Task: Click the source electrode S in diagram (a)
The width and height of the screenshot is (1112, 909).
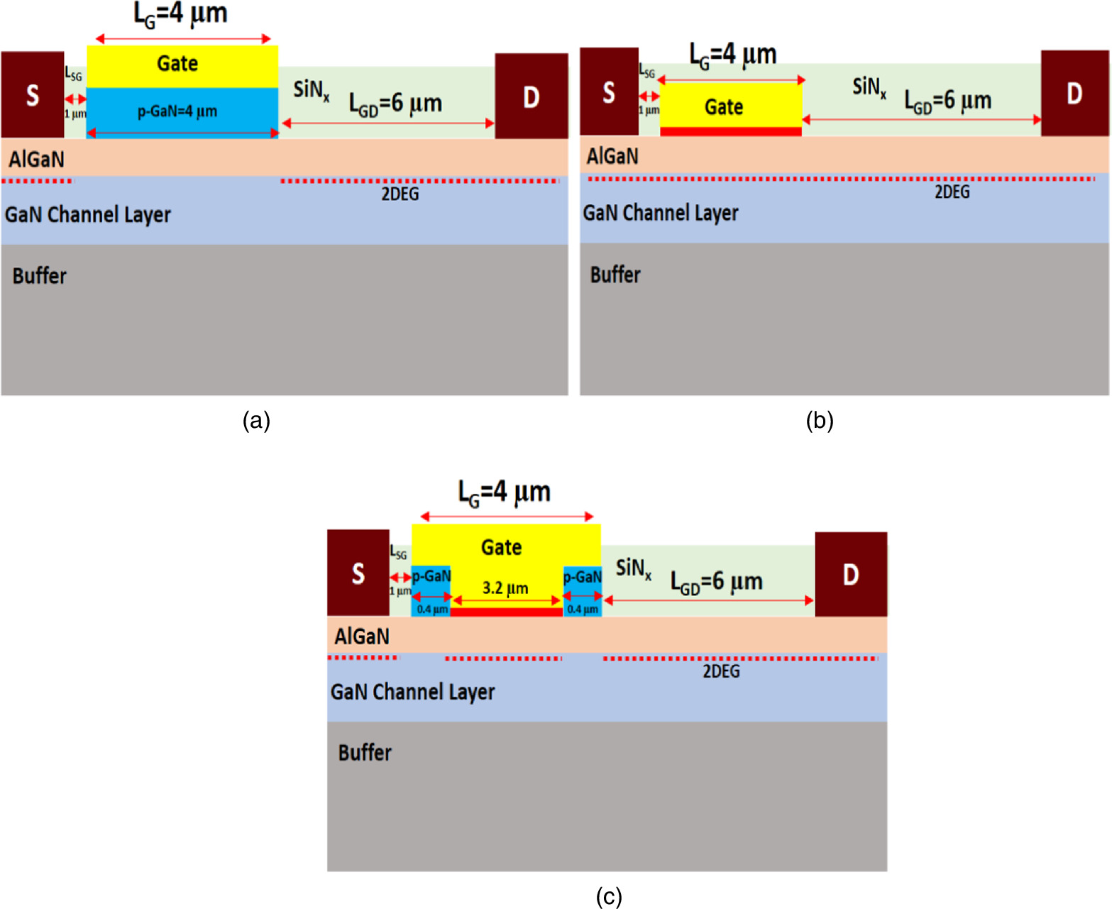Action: point(32,94)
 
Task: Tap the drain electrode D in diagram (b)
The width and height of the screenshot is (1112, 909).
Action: point(1074,92)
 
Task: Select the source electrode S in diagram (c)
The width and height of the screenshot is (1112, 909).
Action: point(358,572)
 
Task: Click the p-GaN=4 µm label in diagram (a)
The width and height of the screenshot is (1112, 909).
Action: point(177,111)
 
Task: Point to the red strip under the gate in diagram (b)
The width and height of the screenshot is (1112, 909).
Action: point(730,131)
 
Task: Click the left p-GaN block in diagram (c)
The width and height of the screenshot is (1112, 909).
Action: point(431,590)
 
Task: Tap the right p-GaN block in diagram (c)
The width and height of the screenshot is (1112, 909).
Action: point(582,590)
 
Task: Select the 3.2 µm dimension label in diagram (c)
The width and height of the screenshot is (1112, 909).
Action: point(505,588)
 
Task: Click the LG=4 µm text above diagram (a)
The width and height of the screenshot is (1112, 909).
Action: point(180,13)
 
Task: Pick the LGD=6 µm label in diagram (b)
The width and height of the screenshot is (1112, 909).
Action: point(947,101)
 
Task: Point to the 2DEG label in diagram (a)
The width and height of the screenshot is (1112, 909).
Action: point(400,194)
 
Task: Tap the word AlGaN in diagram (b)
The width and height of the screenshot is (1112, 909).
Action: point(612,155)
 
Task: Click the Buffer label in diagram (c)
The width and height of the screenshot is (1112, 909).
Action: point(364,752)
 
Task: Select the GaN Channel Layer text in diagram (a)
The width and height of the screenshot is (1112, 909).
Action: point(88,214)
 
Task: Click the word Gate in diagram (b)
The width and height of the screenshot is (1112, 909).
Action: point(724,107)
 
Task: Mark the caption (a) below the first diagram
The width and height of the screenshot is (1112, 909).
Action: point(256,420)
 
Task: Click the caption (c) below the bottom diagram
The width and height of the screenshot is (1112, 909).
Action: point(609,896)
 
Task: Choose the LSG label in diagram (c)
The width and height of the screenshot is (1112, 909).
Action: point(399,552)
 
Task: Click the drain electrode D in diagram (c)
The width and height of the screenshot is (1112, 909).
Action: point(850,574)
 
